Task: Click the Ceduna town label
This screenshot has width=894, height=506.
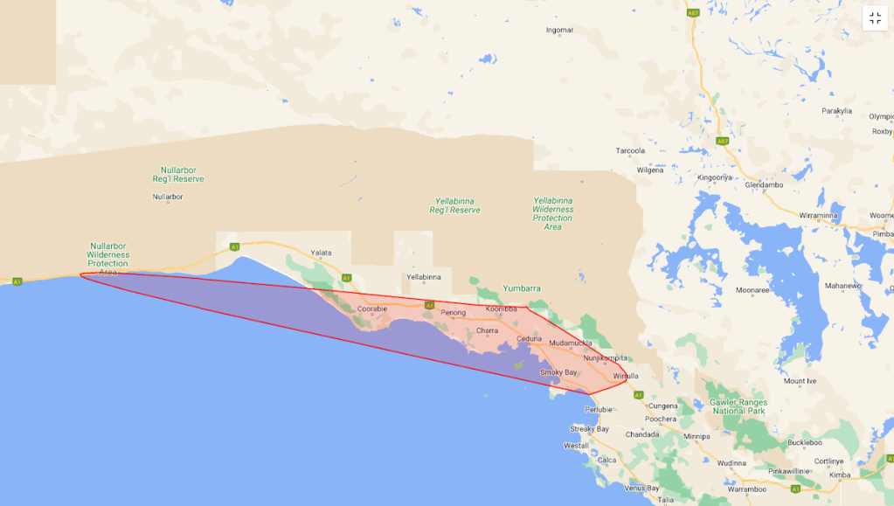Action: point(529,338)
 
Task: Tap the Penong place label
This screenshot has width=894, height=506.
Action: point(454,312)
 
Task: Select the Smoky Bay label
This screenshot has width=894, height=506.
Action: point(558,372)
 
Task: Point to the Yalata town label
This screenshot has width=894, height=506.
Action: point(322,253)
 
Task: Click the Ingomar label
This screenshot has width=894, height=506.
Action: point(559,31)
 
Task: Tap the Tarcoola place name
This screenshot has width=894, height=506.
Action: point(630,150)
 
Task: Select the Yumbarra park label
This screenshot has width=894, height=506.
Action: point(522,288)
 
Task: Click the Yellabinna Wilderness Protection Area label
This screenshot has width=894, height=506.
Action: point(552,213)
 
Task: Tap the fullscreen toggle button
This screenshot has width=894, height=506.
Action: point(875,18)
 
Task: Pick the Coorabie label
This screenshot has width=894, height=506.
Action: point(371,308)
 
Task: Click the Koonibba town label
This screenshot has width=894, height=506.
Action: point(502,308)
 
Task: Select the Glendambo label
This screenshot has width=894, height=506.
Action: point(764,185)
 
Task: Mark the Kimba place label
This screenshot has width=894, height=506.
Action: point(840,475)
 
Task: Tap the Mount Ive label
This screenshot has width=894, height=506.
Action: point(800,381)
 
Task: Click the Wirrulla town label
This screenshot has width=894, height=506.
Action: point(627,376)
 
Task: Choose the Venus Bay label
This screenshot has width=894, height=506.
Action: point(641,488)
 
